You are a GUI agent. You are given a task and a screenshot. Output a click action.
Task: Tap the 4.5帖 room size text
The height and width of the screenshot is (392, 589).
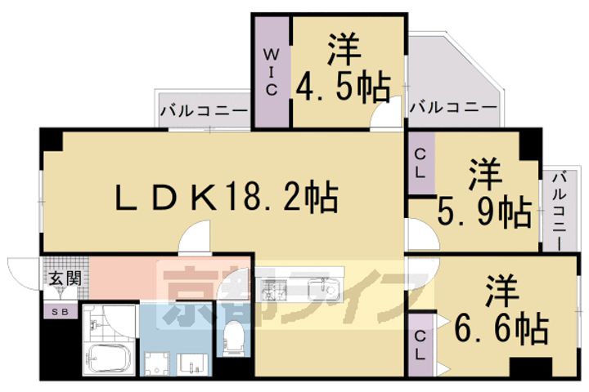pyautogui.click(x=343, y=87)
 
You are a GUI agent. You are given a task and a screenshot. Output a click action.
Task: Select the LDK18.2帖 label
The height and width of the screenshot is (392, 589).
pyautogui.click(x=227, y=197)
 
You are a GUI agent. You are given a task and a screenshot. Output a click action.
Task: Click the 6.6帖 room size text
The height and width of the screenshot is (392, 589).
pyautogui.click(x=501, y=327)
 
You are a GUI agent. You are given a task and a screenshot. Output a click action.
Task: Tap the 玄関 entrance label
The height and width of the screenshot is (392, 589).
pyautogui.click(x=65, y=278)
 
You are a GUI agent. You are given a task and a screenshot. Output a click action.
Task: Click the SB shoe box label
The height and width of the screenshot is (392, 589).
pyautogui.click(x=60, y=312)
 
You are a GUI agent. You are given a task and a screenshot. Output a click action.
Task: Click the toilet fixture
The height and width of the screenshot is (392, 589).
pyautogui.click(x=233, y=336)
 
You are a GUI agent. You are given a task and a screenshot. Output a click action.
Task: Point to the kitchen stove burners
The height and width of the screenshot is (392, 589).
pyautogui.click(x=274, y=290)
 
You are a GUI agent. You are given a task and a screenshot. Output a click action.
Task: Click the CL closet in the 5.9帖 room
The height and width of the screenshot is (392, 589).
pyautogui.click(x=421, y=163)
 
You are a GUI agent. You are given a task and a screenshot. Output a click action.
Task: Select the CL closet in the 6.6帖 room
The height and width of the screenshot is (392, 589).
pyautogui.click(x=420, y=345)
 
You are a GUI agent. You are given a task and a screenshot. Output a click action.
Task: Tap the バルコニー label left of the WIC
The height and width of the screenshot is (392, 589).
pyautogui.click(x=205, y=111)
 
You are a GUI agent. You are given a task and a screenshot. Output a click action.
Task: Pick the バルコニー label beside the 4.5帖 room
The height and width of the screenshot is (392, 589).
pyautogui.click(x=453, y=108)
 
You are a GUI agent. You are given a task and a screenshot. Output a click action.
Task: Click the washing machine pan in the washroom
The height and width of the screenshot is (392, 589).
pyautogui.click(x=157, y=363)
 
